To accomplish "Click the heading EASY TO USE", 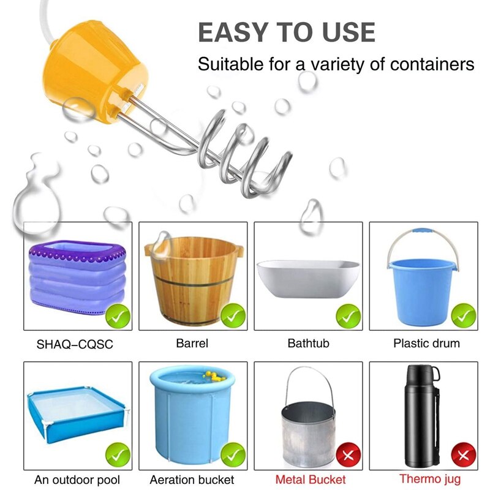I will tap(286, 32).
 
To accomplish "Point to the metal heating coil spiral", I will tap(245, 153).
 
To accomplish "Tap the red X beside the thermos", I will tap(464, 456).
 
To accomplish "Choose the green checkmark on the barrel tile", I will tap(233, 316).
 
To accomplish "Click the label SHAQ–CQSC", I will tap(75, 344).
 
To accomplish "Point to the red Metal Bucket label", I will tap(311, 480).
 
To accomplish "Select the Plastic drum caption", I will tap(426, 344).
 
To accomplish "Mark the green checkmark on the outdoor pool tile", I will tap(118, 456).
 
